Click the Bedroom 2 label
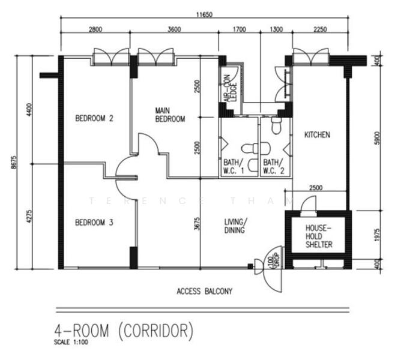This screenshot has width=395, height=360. click(94, 118)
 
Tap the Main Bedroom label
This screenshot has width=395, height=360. click(170, 115)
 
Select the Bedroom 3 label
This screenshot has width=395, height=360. click(94, 223)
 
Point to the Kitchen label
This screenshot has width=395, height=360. click(317, 134)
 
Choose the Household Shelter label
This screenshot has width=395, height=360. click(319, 236)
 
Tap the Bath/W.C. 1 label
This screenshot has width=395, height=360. click(234, 167)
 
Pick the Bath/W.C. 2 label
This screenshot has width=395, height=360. click(274, 167)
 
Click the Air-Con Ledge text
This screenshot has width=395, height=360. click(231, 88)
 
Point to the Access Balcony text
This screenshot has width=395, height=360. click(204, 291)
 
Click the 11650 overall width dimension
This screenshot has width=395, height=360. click(204, 14)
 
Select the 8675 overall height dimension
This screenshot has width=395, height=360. click(14, 162)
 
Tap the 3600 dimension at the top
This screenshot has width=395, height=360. click(174, 29)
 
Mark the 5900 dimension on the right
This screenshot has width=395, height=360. click(377, 138)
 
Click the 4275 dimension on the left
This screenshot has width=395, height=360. click(29, 216)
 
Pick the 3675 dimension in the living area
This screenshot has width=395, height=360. click(197, 224)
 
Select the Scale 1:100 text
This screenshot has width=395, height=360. click(71, 342)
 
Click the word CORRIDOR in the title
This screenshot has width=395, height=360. click(156, 331)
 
